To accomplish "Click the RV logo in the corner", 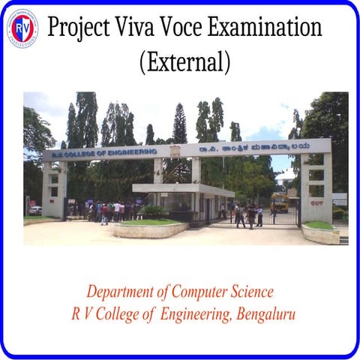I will tap(22, 28).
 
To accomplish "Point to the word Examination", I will tap(274, 28).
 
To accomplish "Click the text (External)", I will tap(184, 61).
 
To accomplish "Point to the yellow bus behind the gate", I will tap(280, 202).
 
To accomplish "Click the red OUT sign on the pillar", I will tap(317, 202).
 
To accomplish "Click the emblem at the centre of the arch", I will tap(175, 150).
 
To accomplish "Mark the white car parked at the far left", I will tap(35, 210).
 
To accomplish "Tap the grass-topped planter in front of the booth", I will tap(149, 228).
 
